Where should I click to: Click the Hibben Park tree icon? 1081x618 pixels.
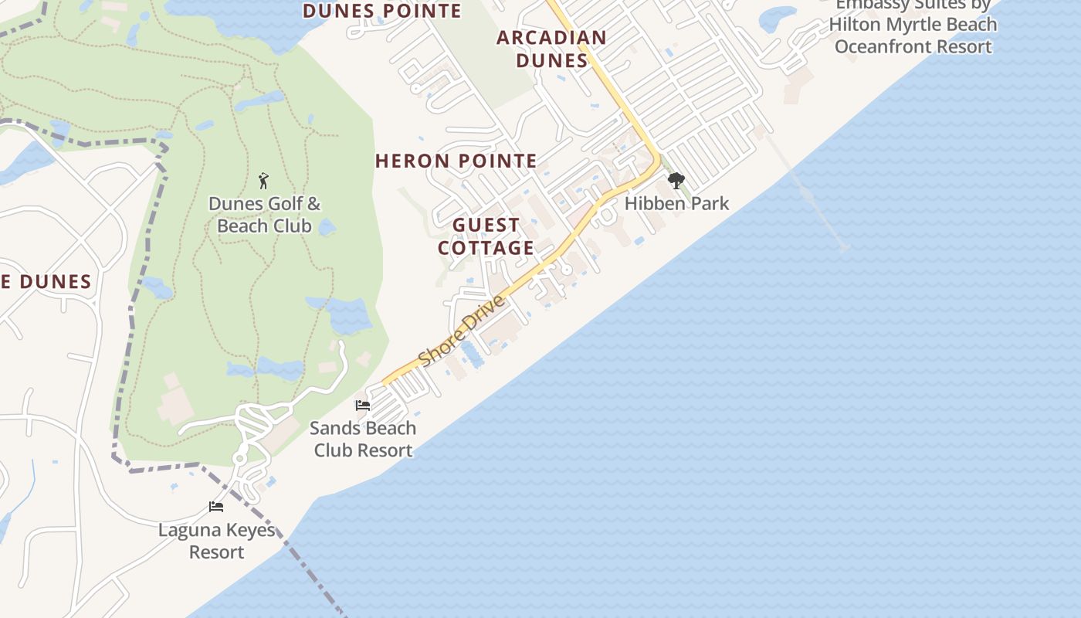coord(676,182)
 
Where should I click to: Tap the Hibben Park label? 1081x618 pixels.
coord(676,203)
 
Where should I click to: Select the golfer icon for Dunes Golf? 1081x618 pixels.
coord(264,181)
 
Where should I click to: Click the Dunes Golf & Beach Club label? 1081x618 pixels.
coord(264,215)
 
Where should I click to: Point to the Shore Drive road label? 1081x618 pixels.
coord(462,331)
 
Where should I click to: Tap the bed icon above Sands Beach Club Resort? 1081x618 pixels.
coord(362,406)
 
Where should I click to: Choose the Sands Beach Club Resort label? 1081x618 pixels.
coord(363,439)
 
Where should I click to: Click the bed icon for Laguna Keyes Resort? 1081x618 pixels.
coord(216,507)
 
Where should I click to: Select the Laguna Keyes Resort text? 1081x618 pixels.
coord(216,541)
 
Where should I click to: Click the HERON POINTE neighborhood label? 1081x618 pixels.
coord(456,161)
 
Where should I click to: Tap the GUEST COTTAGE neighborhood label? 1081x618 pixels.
coord(486,236)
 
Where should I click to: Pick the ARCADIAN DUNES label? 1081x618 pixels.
coord(551,49)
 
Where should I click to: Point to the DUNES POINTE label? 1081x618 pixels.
coord(382,11)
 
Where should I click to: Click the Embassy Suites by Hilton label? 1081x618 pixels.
coord(913,25)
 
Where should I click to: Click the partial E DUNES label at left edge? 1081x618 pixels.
coord(46,282)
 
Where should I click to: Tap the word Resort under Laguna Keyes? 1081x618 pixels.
coord(216,552)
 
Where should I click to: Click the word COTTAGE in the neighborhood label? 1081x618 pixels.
coord(486,248)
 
